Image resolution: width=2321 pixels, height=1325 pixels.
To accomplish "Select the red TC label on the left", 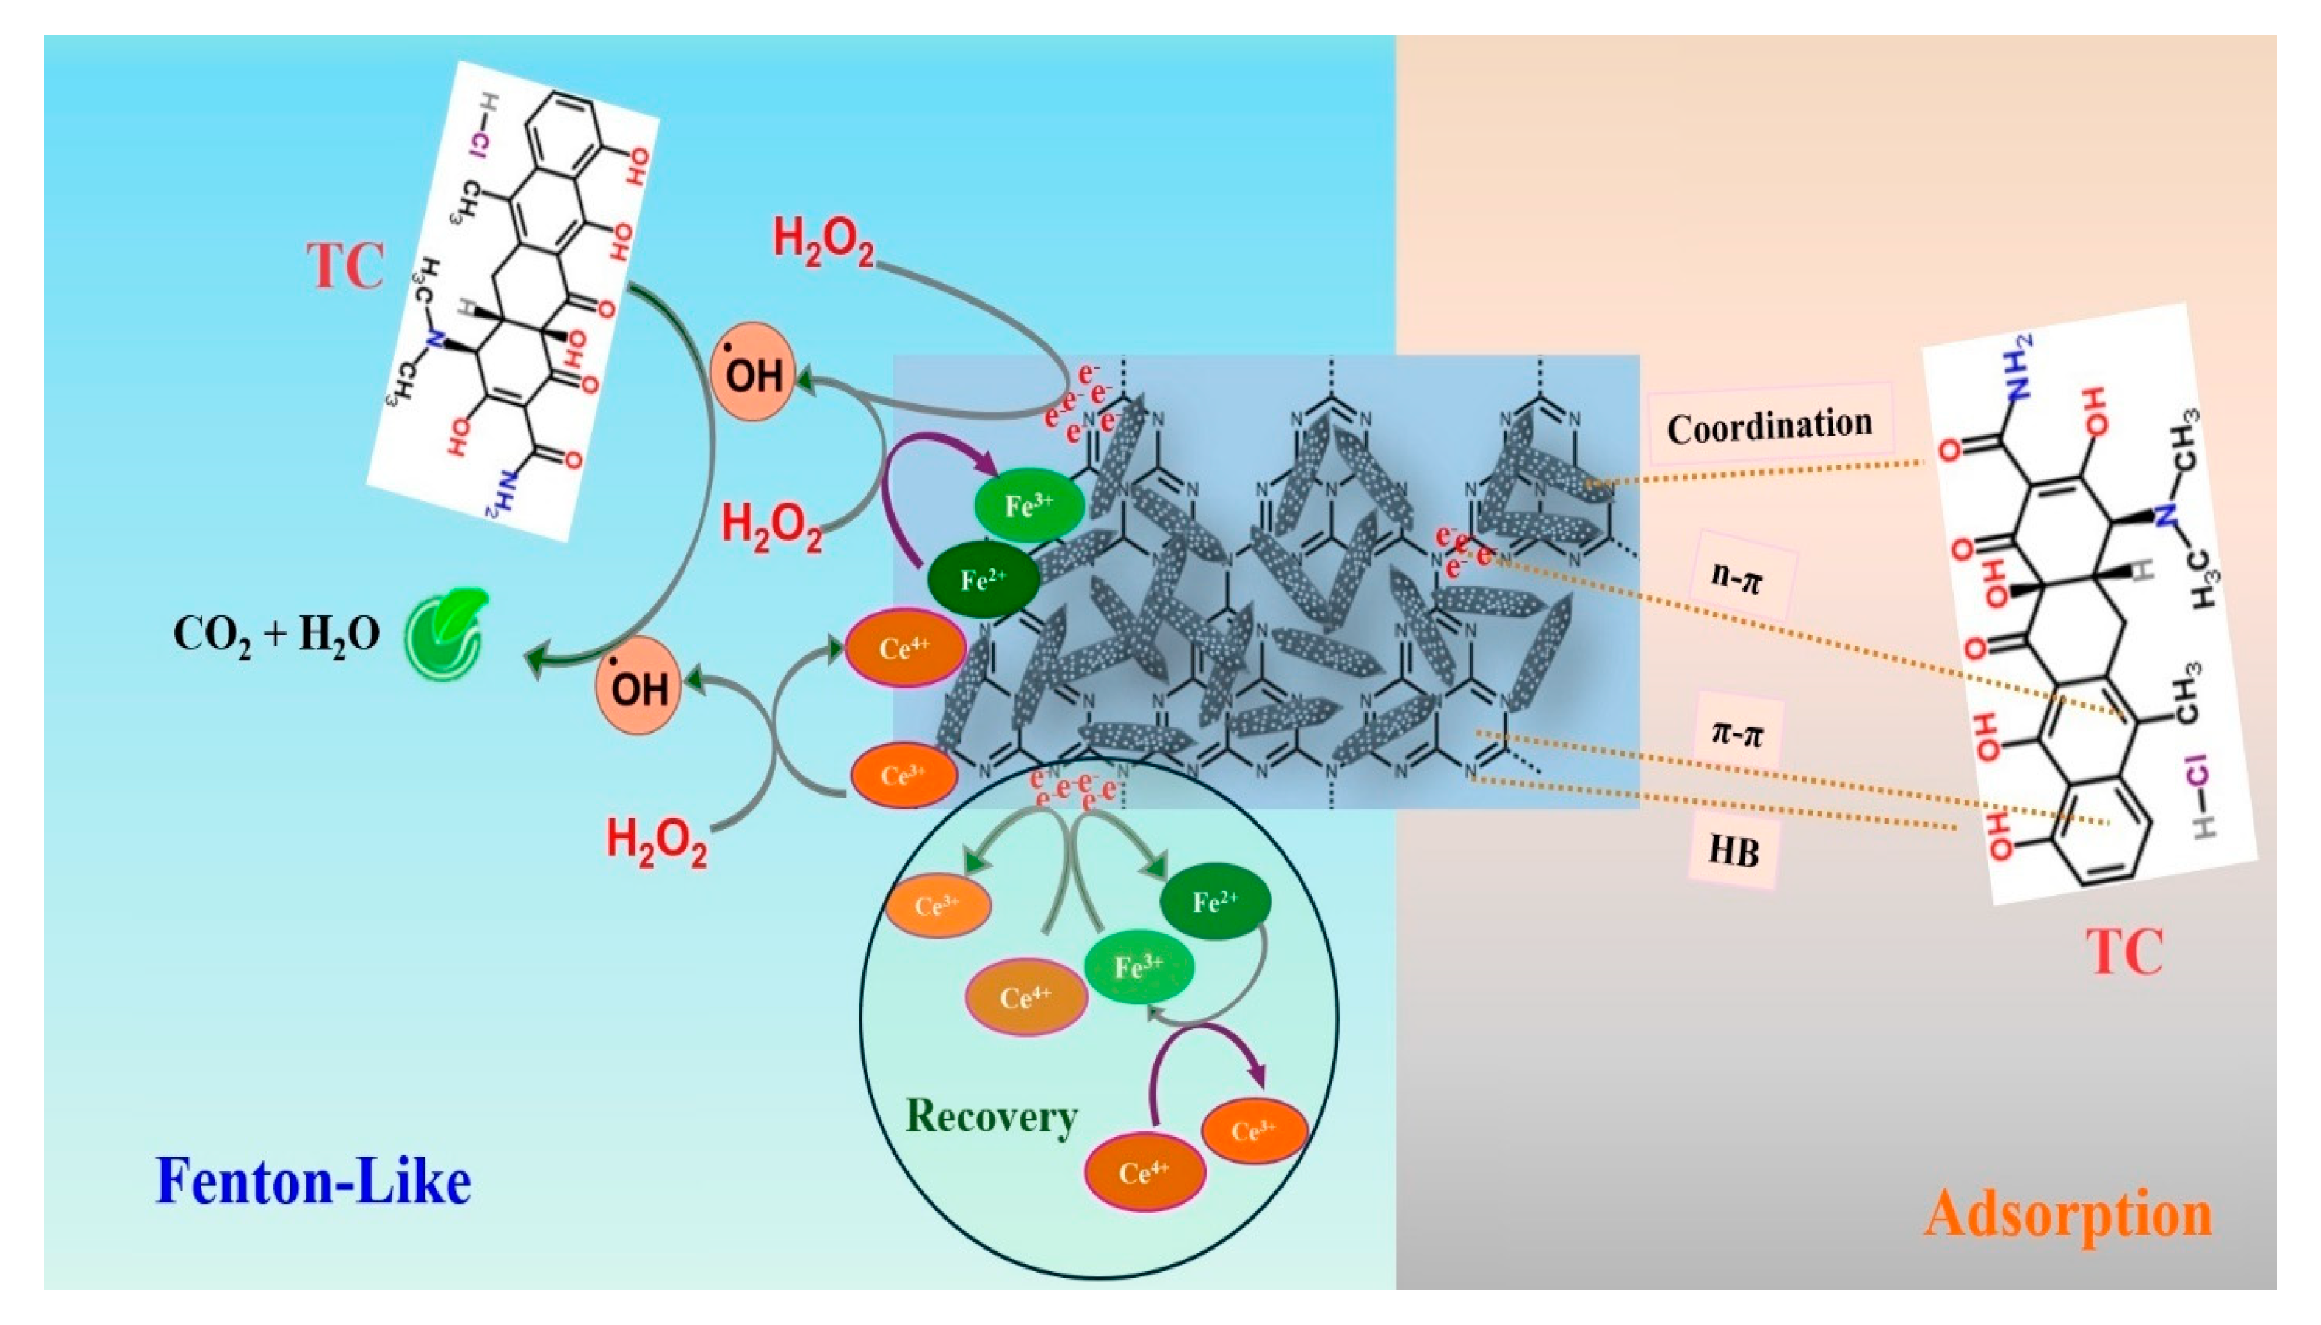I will (x=344, y=267).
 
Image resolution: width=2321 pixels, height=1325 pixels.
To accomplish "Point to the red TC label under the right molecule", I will (x=2124, y=953).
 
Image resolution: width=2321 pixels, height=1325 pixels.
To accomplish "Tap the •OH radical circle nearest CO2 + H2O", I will (x=638, y=685).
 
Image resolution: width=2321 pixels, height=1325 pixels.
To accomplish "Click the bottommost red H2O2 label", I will (x=655, y=842).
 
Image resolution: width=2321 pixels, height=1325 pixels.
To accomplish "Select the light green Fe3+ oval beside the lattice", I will (x=1029, y=505).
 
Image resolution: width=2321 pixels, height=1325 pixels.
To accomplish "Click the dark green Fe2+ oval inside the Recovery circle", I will (x=1214, y=902).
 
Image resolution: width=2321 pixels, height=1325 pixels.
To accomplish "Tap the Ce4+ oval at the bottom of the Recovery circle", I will (x=1144, y=1171).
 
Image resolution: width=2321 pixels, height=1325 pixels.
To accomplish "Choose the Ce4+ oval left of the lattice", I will (x=903, y=648).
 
